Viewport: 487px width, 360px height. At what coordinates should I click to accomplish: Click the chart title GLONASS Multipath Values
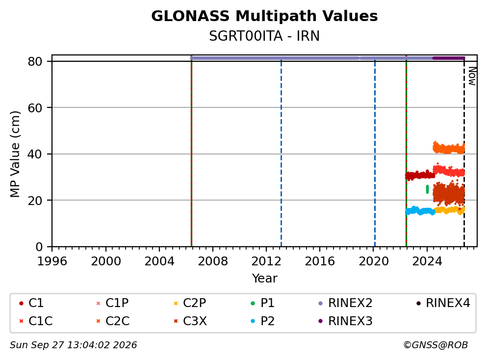click(x=264, y=16)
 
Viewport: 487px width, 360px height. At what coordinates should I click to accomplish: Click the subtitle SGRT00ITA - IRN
click(x=264, y=36)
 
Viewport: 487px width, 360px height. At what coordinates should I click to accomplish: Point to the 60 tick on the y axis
click(x=35, y=108)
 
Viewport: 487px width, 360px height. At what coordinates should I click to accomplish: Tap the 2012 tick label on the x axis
click(x=266, y=261)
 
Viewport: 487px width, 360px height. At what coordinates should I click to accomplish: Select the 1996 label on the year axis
click(x=52, y=261)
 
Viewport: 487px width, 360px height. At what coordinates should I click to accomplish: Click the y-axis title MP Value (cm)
click(x=15, y=154)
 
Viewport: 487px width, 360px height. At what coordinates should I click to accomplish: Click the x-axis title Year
click(x=264, y=278)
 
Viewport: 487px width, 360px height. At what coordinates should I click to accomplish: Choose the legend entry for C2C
click(x=113, y=321)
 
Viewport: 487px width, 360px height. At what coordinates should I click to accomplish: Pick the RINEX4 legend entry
click(x=443, y=303)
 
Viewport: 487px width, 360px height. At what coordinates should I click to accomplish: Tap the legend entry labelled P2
click(x=263, y=321)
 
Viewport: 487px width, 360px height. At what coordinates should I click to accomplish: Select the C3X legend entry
click(x=190, y=321)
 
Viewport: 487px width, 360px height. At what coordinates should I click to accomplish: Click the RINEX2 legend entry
click(x=346, y=303)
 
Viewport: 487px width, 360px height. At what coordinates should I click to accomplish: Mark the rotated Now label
click(x=472, y=76)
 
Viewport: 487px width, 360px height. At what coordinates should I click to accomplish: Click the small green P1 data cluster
click(x=427, y=189)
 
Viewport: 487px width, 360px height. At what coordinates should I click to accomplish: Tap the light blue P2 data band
click(x=420, y=211)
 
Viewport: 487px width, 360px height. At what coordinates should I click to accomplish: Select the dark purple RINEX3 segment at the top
click(x=449, y=58)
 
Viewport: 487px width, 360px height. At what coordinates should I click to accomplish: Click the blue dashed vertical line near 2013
click(x=282, y=154)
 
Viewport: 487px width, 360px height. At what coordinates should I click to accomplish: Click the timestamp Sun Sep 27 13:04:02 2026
click(x=73, y=345)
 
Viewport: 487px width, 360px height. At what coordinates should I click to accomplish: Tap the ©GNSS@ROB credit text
click(x=436, y=345)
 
